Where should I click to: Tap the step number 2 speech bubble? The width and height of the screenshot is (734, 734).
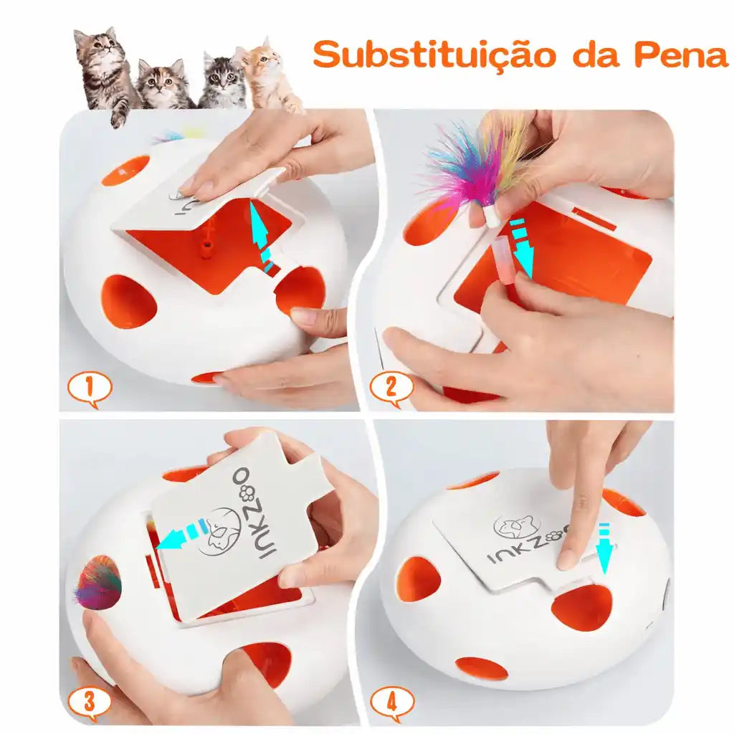pos(392,388)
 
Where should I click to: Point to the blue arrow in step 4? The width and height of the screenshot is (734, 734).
pos(604,548)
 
